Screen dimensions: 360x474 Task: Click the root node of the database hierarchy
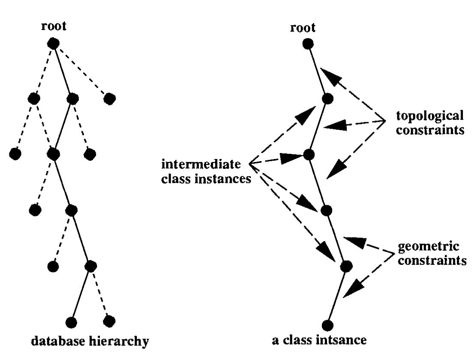tap(53, 43)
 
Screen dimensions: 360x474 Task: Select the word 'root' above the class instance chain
tap(303, 28)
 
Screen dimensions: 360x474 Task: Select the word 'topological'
tap(430, 116)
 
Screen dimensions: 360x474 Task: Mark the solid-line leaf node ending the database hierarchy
tap(72, 322)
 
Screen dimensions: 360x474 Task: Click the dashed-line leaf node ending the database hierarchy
tap(109, 321)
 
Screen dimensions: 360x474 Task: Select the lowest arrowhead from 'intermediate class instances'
tap(328, 254)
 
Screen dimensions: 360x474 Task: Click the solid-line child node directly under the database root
tap(73, 99)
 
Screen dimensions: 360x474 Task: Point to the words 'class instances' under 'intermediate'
tap(206, 178)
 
